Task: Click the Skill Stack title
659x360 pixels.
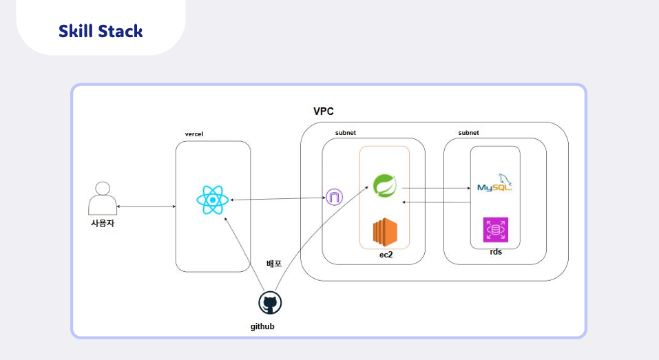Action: (101, 31)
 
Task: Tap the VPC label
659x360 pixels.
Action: (323, 112)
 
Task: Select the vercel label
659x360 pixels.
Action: (194, 134)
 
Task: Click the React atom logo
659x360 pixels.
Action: (213, 200)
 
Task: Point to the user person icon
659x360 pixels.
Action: (103, 198)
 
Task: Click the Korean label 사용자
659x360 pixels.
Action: (103, 223)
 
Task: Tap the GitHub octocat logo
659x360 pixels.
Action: (270, 303)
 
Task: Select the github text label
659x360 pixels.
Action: (262, 326)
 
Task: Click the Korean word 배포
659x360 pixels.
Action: (274, 264)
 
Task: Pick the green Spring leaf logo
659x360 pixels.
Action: (385, 186)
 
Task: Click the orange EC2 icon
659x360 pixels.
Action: (385, 232)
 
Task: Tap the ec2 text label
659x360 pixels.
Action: (386, 255)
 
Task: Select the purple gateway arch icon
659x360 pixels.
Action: (335, 197)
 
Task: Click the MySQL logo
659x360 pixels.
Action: (494, 183)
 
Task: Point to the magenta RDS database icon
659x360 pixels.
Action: (496, 230)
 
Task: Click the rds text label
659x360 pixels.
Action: (496, 252)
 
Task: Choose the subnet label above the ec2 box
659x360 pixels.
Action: (346, 133)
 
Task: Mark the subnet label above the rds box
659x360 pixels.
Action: (469, 133)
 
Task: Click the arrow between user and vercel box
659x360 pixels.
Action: (146, 207)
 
